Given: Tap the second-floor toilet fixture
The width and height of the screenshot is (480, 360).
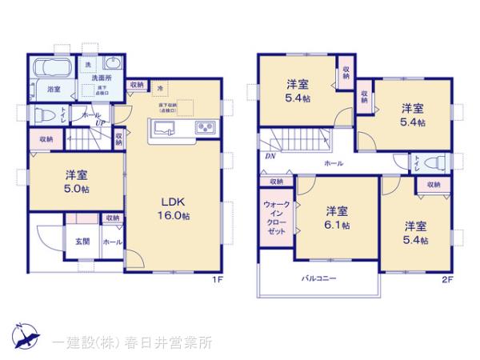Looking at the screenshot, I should point(433,162).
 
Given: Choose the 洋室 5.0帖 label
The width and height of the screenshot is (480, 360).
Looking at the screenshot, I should point(77,182).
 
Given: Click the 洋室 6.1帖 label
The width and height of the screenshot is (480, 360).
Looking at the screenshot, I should point(337,218).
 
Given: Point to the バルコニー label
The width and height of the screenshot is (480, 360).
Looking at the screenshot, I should point(318,279).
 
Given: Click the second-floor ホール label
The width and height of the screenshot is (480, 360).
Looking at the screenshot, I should point(334,162).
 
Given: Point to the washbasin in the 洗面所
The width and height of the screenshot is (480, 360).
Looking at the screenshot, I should point(112,65).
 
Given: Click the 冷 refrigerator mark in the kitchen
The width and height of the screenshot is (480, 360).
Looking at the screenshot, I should point(159,89).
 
